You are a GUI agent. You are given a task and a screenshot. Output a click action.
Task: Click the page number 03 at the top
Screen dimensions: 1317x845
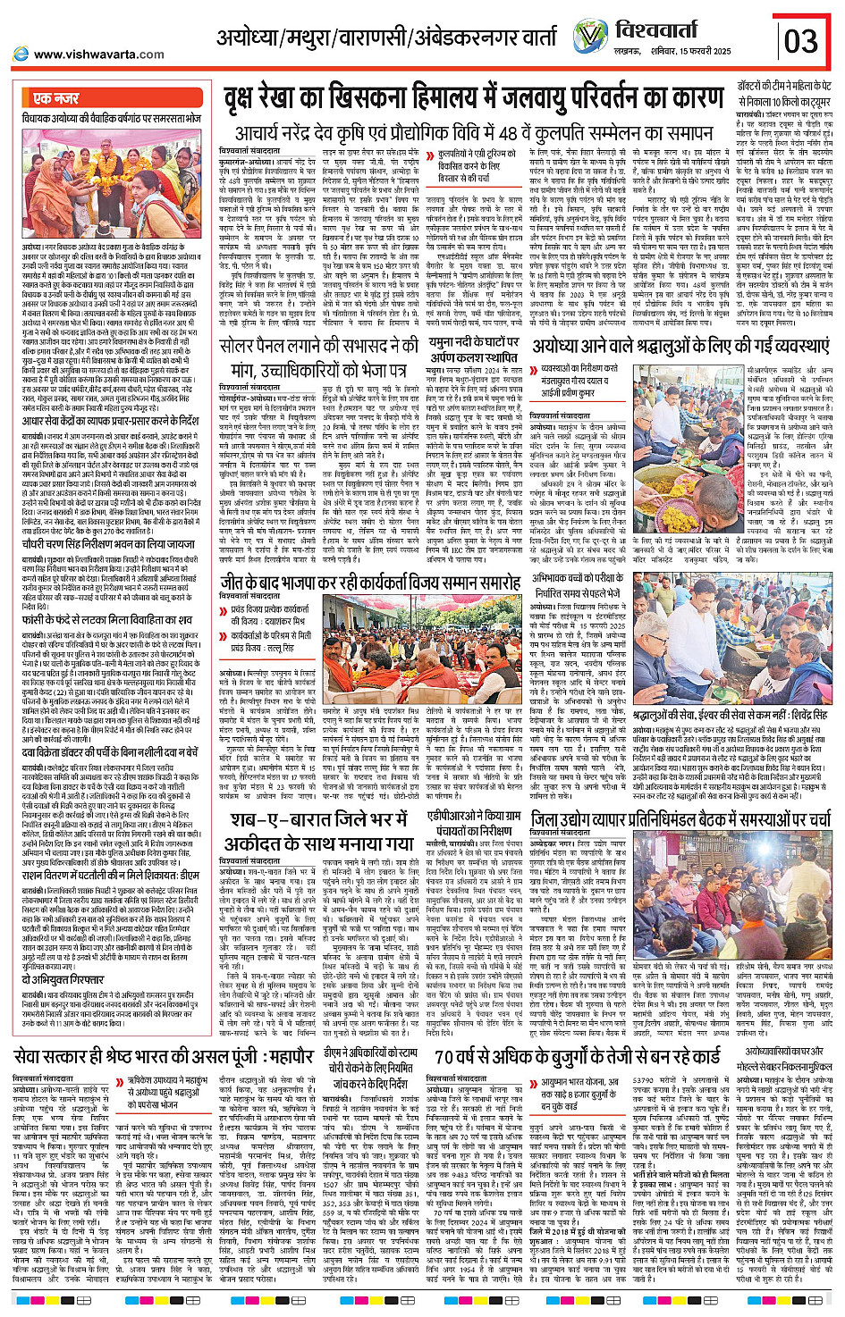[800, 41]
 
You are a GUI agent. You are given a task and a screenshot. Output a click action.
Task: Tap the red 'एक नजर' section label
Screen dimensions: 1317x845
[56, 98]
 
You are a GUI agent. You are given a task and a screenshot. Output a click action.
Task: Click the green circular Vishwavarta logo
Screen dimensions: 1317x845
[589, 38]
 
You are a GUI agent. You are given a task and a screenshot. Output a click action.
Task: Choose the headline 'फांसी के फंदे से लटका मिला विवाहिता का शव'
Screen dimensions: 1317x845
[107, 619]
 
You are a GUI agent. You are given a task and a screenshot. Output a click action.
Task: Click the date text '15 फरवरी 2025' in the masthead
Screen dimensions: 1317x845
[702, 51]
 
